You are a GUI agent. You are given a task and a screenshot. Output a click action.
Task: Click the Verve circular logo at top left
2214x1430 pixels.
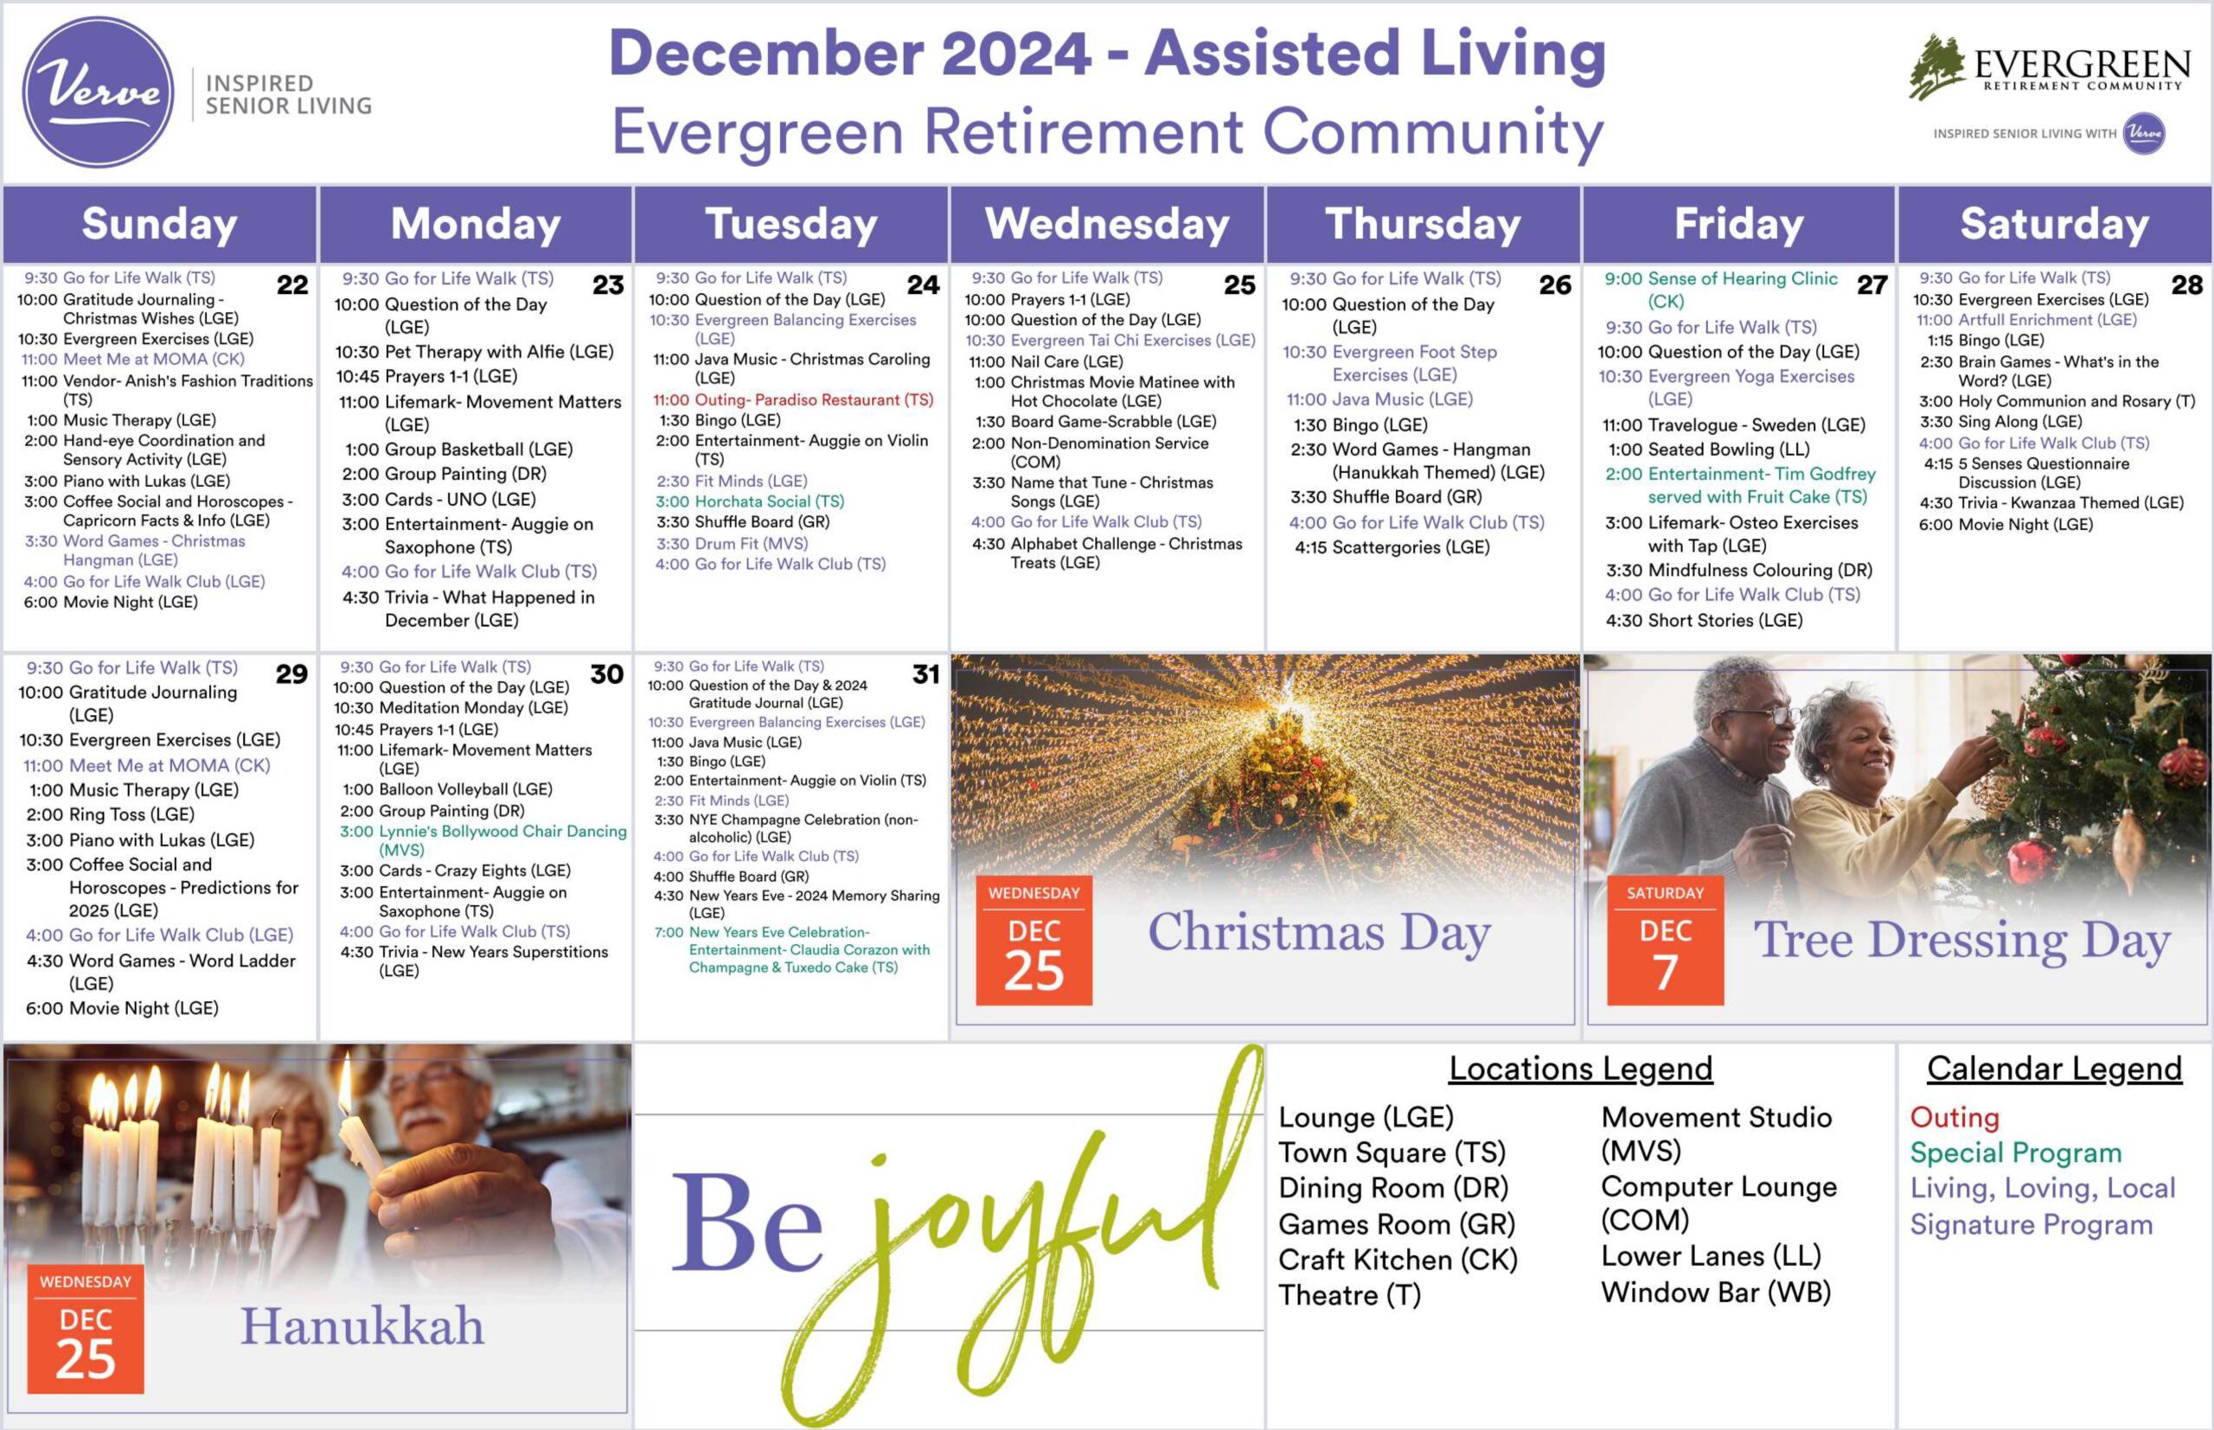[x=98, y=92]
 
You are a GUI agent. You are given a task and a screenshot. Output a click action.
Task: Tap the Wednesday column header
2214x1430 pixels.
[x=1107, y=224]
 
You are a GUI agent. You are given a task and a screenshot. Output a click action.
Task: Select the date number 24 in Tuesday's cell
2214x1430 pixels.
[x=923, y=284]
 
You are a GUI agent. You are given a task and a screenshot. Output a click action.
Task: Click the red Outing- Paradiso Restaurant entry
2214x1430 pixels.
[x=793, y=399]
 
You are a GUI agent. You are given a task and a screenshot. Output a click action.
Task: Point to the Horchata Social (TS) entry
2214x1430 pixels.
[x=751, y=501]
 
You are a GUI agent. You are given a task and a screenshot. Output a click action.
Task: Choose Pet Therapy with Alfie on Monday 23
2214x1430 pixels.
[x=475, y=352]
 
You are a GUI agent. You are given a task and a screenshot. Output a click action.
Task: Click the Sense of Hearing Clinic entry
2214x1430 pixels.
[x=1721, y=290]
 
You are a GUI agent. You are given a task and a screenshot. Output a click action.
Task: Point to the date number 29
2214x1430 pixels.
[x=291, y=674]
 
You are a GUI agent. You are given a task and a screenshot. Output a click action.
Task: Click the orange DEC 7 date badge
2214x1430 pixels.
[x=1665, y=940]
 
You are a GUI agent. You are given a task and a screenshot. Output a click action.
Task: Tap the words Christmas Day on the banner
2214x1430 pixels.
[x=1320, y=932]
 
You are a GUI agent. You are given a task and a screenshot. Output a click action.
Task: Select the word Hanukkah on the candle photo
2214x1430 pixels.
[x=362, y=1325]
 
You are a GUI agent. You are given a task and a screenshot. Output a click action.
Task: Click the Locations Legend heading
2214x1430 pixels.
[x=1581, y=1069]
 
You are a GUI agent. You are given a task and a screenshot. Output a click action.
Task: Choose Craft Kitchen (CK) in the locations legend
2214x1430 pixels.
[x=1398, y=1260]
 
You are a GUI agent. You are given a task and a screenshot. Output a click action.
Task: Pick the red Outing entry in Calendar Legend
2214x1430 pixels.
[x=1955, y=1118]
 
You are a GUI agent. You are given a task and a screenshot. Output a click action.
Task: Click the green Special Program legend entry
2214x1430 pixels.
[x=2016, y=1153]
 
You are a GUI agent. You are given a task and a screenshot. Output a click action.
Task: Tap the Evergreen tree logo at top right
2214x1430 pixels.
[x=1937, y=66]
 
